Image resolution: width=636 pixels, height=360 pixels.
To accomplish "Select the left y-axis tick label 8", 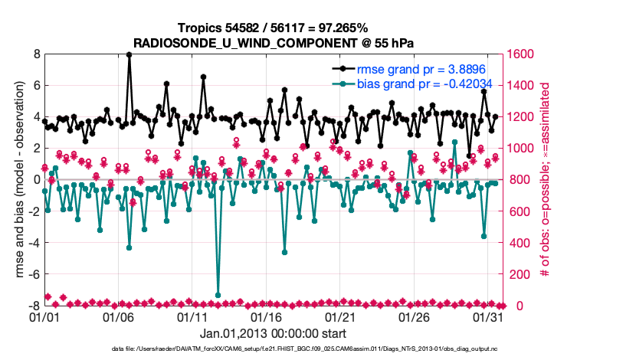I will [36, 54].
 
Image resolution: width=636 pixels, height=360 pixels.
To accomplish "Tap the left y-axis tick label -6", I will [34, 274].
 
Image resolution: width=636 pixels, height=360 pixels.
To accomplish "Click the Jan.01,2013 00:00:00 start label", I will [274, 333].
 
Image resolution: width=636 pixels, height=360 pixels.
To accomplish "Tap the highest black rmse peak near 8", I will [129, 54].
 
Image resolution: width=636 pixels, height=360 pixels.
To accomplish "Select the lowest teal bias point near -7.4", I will [218, 295].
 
